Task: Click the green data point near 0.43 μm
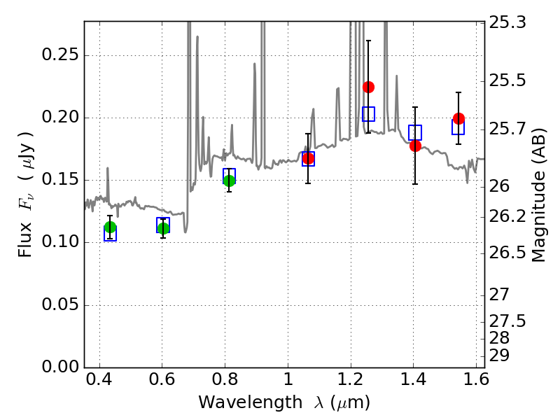pos(110,227)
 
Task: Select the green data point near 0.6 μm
pos(163,228)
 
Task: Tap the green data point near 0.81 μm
pos(229,181)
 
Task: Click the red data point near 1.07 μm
pos(308,159)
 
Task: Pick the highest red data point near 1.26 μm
pos(368,87)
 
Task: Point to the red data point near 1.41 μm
pos(415,146)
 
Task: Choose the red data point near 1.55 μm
pos(458,118)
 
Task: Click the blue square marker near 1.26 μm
pos(368,114)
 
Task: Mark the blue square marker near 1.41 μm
pos(415,132)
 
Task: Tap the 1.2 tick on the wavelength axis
pos(350,383)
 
